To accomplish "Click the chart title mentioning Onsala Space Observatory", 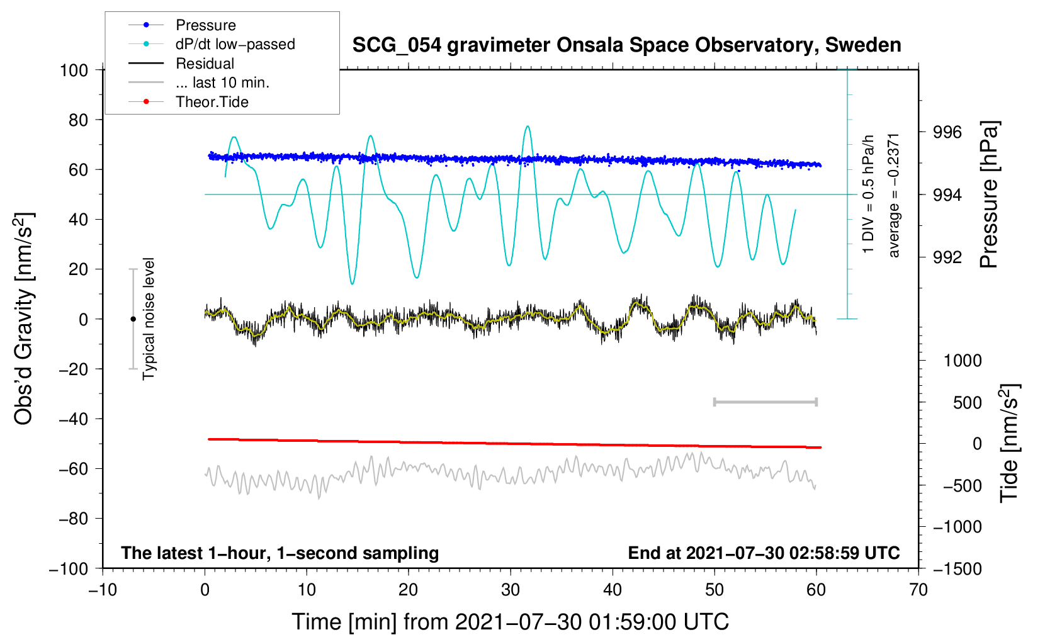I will click(626, 45).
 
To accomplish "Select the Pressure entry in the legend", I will click(205, 25).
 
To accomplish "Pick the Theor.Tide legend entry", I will click(212, 102).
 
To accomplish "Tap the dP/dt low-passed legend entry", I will click(235, 45).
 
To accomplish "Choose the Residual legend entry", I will click(205, 64).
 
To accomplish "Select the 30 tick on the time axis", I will click(511, 590).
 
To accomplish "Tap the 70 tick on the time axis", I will click(918, 590).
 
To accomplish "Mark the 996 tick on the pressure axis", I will click(947, 132).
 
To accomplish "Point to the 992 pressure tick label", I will click(947, 257).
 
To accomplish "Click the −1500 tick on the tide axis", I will click(957, 568).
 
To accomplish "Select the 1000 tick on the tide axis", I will click(963, 361).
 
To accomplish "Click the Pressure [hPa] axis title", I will click(990, 194).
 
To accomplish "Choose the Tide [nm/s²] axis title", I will click(1009, 443).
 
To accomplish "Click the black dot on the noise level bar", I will click(133, 319).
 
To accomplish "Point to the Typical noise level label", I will click(149, 318).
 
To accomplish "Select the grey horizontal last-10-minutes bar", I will click(765, 402).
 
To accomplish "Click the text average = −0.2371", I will click(894, 194).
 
